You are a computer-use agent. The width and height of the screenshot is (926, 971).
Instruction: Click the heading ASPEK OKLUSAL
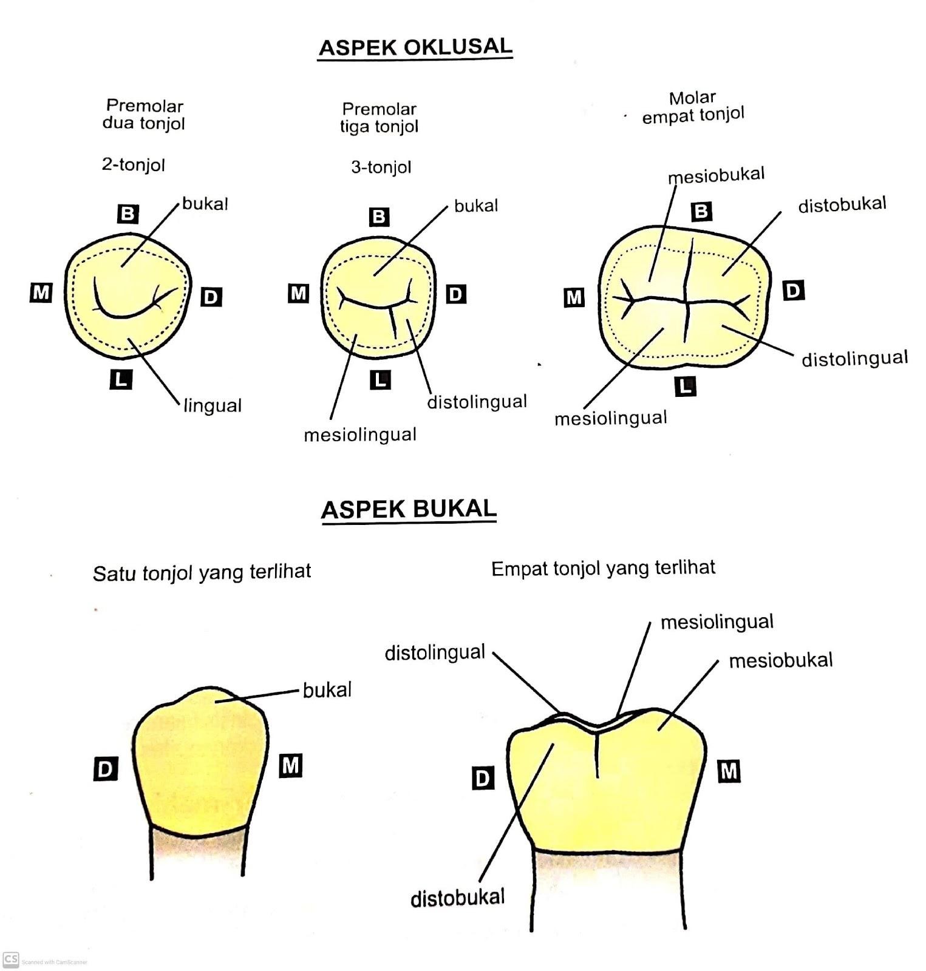click(x=415, y=47)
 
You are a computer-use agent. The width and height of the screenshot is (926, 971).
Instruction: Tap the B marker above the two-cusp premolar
click(x=128, y=214)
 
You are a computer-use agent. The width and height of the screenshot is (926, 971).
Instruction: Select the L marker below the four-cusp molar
click(x=686, y=386)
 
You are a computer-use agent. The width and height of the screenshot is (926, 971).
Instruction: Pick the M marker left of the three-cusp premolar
click(x=298, y=294)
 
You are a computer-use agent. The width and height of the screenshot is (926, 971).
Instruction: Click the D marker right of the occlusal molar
click(x=793, y=291)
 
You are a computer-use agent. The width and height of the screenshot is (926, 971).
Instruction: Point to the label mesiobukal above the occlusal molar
click(x=716, y=175)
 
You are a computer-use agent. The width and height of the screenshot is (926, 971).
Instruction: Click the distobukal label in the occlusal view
click(x=842, y=205)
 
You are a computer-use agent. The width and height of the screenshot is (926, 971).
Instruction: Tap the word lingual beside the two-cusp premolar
click(x=213, y=405)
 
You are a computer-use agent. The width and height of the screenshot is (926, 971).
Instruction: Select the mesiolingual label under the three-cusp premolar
click(x=360, y=435)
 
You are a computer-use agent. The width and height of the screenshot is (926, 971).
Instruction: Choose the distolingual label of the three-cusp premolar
click(x=477, y=402)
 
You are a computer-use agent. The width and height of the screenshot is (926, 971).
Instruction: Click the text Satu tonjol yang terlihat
click(x=202, y=572)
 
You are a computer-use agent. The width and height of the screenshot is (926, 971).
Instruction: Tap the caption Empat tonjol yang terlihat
click(x=603, y=568)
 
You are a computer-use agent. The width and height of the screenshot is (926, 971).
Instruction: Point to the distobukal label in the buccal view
click(x=457, y=898)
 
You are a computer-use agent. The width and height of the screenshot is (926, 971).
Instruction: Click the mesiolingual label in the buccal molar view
click(x=717, y=622)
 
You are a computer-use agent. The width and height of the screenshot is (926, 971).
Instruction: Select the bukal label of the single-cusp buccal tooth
click(x=327, y=690)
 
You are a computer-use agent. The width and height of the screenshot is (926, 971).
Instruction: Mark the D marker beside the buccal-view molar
click(x=483, y=778)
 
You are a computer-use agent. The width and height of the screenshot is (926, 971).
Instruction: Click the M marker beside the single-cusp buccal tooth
click(x=291, y=766)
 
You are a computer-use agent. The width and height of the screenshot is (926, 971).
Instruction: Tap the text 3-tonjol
click(x=381, y=167)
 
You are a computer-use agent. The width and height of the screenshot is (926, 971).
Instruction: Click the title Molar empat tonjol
click(x=693, y=107)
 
